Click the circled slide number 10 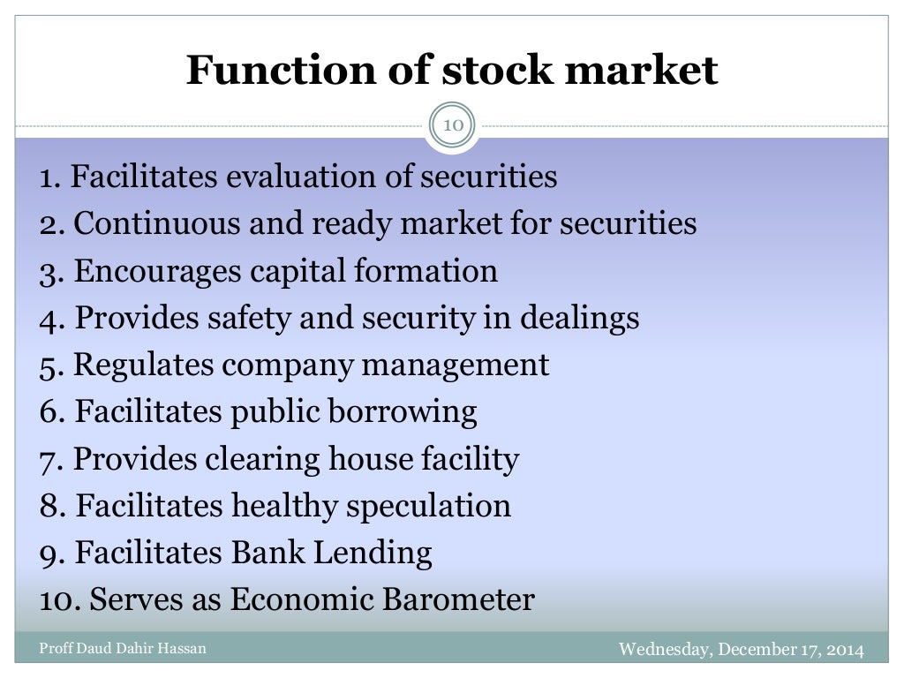(x=452, y=124)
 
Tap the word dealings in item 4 (x=579, y=318)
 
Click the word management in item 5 (x=470, y=365)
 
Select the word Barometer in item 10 (x=458, y=599)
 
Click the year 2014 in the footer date (x=845, y=650)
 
